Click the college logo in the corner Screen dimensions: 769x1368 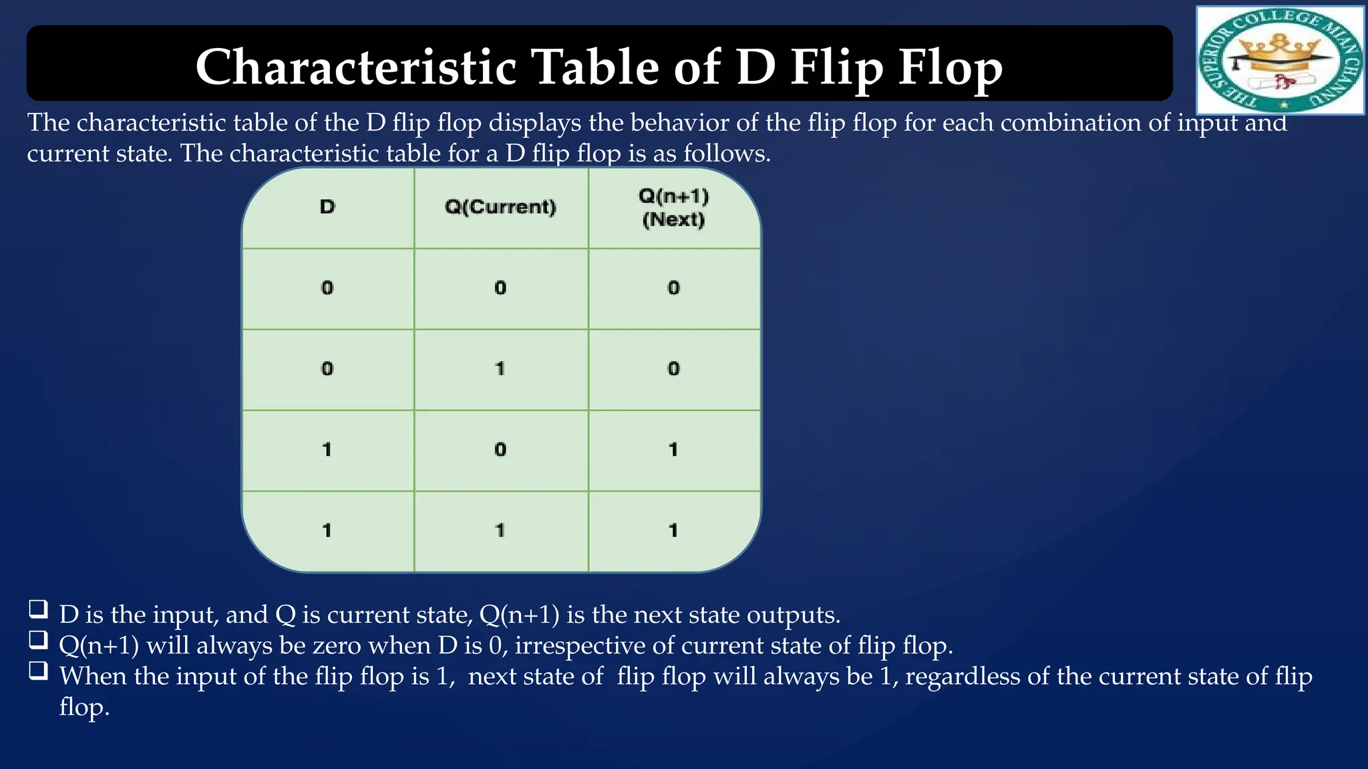coord(1280,60)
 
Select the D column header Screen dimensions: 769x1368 coord(327,207)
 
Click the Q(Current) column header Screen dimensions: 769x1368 coord(500,207)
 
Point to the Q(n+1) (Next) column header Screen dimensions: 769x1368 coord(673,208)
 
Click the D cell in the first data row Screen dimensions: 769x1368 coord(327,288)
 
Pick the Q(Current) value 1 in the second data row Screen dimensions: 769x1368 coord(500,368)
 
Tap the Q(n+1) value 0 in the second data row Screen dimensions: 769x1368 coord(673,368)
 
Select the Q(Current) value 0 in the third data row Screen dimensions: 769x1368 coord(500,449)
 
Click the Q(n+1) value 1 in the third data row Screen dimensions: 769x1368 coord(673,449)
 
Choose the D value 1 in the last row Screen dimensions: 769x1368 coord(327,531)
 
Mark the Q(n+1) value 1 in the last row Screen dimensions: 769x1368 coord(673,531)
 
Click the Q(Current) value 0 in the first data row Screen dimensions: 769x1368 coord(500,288)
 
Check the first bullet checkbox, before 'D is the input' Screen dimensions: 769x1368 coord(38,608)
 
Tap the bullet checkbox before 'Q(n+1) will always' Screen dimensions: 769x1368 coord(38,639)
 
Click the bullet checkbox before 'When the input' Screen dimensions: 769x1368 coord(38,670)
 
